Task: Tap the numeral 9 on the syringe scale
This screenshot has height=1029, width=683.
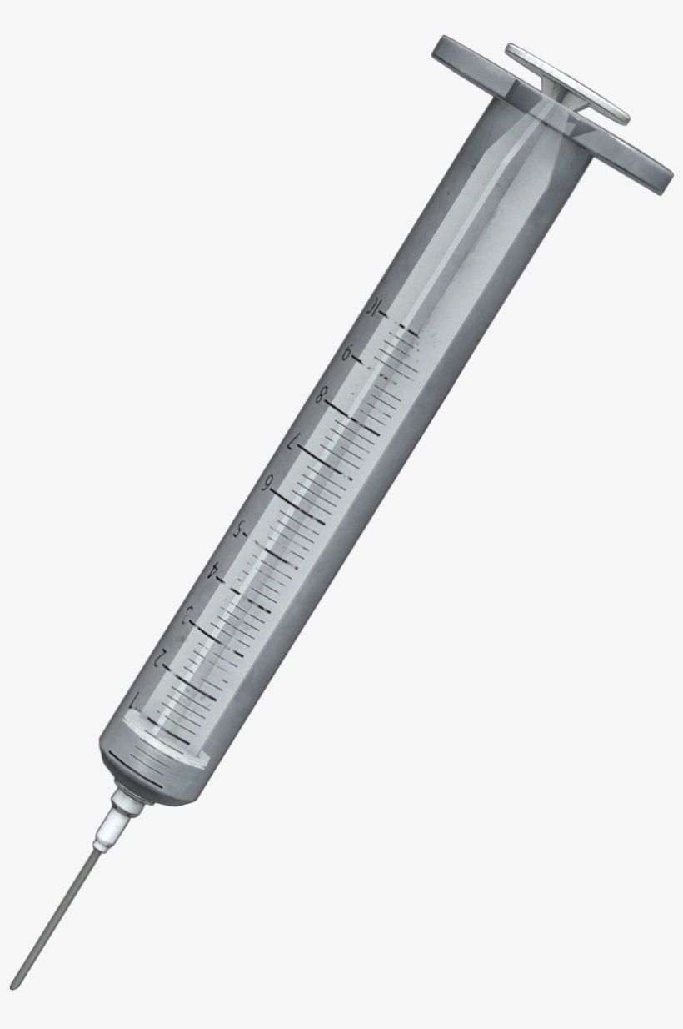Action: click(x=347, y=354)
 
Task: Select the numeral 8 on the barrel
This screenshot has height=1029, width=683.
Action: click(x=320, y=396)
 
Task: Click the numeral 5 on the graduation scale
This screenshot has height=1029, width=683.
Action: click(x=240, y=529)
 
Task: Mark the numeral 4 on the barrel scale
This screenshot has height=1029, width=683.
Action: click(x=215, y=571)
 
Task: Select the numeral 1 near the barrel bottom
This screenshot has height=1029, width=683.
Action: click(x=136, y=699)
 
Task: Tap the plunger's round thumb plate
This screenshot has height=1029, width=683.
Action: click(x=567, y=81)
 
